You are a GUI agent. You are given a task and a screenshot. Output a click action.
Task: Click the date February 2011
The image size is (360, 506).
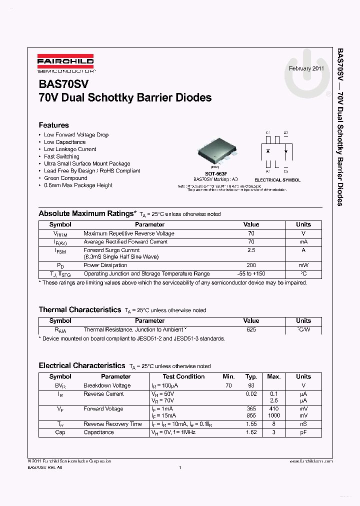(x=306, y=68)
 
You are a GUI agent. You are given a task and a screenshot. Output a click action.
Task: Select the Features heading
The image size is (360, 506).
(x=53, y=125)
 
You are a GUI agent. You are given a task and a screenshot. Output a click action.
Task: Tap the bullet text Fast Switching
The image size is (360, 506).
(x=61, y=156)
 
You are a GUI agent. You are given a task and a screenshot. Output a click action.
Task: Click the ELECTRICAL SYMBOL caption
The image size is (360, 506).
(x=277, y=180)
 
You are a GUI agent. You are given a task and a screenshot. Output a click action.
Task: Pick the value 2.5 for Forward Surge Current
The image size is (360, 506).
(x=251, y=250)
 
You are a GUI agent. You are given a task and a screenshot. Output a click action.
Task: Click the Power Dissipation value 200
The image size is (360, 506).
(x=251, y=265)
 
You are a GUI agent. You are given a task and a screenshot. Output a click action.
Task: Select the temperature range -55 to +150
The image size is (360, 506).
(x=251, y=274)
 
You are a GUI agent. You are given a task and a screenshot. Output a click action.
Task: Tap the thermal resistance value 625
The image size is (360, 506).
(x=251, y=330)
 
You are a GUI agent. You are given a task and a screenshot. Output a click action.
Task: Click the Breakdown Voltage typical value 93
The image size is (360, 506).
(x=251, y=385)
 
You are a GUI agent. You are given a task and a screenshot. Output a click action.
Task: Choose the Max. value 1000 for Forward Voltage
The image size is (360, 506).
(x=273, y=415)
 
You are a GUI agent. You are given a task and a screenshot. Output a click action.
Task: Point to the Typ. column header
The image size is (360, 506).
(x=251, y=376)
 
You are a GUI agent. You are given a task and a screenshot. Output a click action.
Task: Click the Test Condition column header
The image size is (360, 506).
(x=183, y=376)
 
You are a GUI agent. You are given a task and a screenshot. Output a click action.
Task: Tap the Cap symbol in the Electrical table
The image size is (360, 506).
(x=60, y=432)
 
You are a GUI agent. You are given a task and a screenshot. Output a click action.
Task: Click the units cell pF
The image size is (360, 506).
(x=303, y=432)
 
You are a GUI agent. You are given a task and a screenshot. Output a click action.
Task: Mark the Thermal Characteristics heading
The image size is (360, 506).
(x=80, y=309)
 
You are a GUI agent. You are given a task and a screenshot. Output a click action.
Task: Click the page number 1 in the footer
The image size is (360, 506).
(x=179, y=467)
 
